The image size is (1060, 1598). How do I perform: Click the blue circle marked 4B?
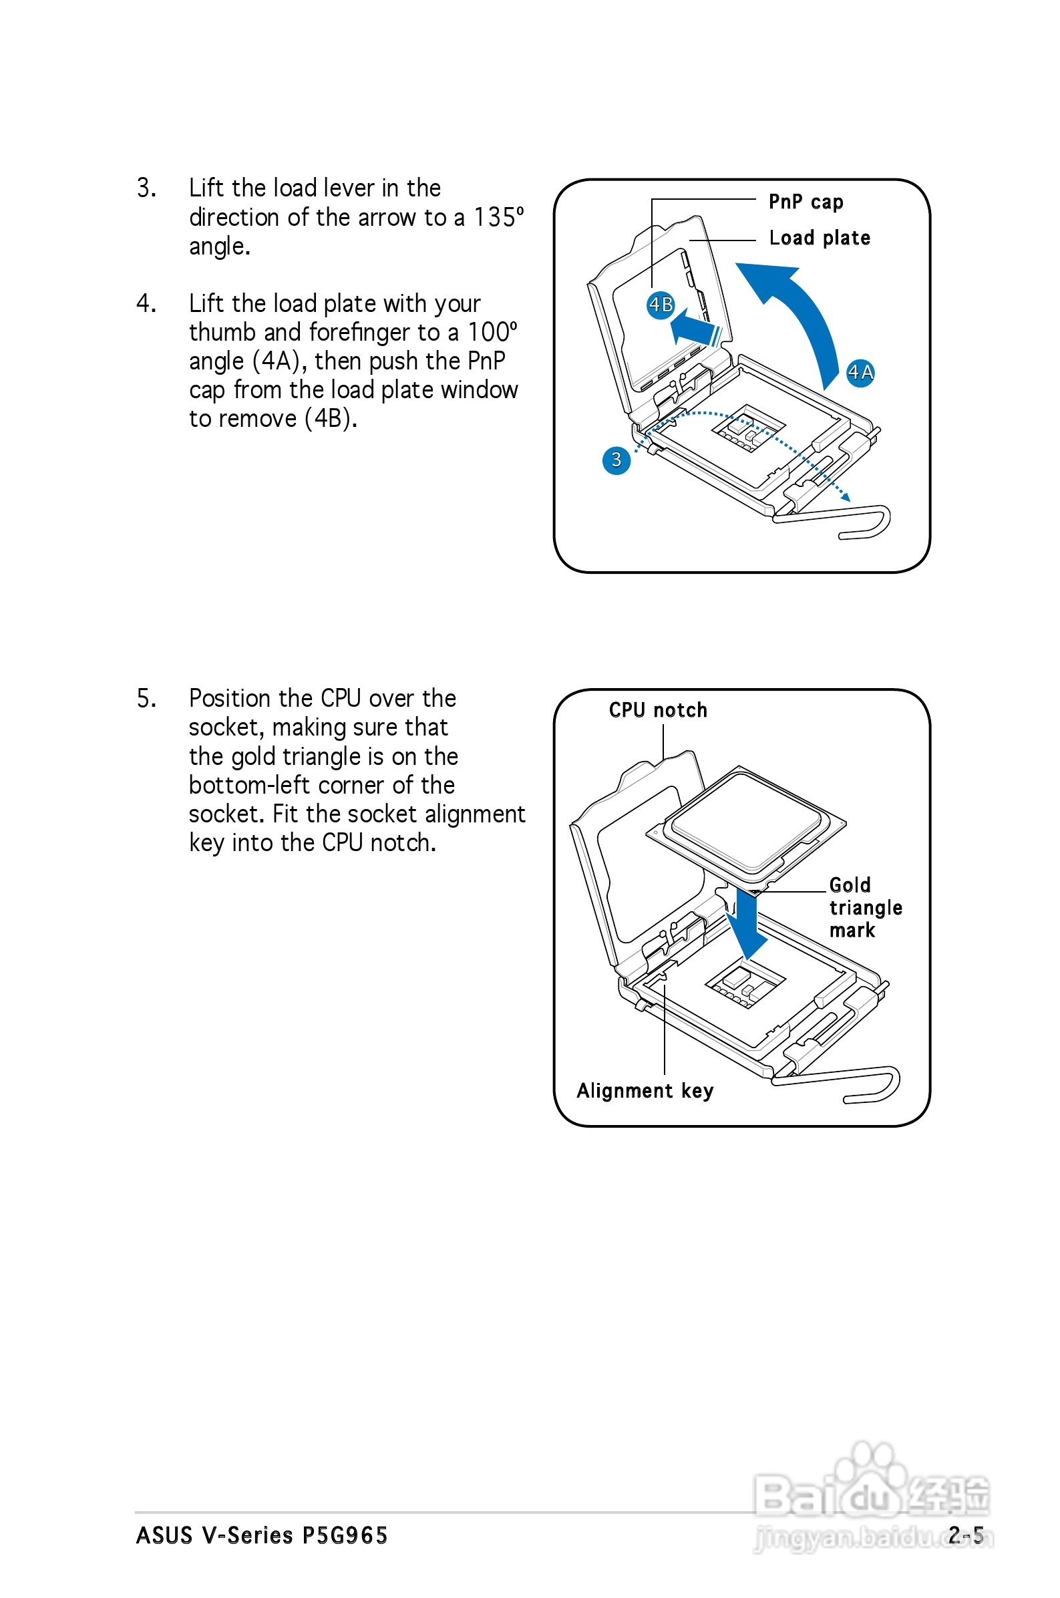pyautogui.click(x=661, y=305)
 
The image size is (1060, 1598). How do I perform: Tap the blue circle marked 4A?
pyautogui.click(x=860, y=372)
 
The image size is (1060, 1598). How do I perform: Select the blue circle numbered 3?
pyautogui.click(x=616, y=460)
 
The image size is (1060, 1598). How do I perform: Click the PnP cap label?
pyautogui.click(x=806, y=202)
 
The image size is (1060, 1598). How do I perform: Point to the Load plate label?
pyautogui.click(x=820, y=238)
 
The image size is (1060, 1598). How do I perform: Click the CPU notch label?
pyautogui.click(x=658, y=709)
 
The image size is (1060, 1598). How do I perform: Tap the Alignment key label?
pyautogui.click(x=645, y=1090)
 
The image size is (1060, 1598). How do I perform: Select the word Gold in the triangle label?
pyautogui.click(x=850, y=885)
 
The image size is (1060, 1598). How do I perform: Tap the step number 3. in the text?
pyautogui.click(x=147, y=188)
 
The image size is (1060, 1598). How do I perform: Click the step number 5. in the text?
pyautogui.click(x=147, y=698)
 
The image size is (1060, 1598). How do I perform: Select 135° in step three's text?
pyautogui.click(x=498, y=217)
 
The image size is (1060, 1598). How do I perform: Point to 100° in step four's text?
pyautogui.click(x=492, y=332)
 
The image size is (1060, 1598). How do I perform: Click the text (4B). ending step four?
pyautogui.click(x=331, y=418)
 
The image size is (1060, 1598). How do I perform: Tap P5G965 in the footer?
pyautogui.click(x=344, y=1535)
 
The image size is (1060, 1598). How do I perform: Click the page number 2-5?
pyautogui.click(x=965, y=1535)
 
